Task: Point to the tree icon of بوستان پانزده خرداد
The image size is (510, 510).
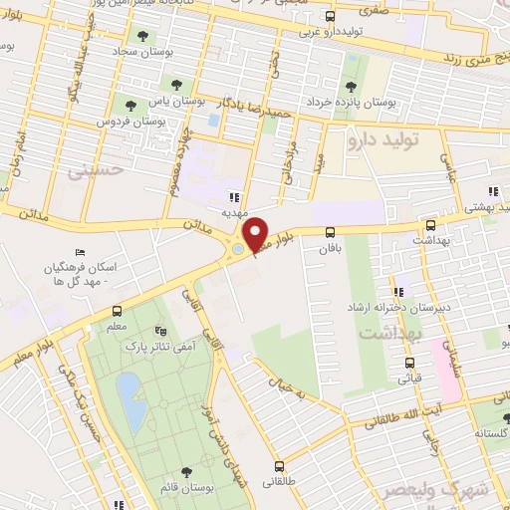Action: click(x=350, y=86)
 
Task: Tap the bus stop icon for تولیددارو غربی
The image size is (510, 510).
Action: click(x=334, y=16)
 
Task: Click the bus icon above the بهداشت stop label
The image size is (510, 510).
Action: click(x=430, y=226)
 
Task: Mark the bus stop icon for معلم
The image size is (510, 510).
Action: click(x=118, y=311)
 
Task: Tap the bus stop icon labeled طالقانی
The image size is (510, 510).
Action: click(x=278, y=465)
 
